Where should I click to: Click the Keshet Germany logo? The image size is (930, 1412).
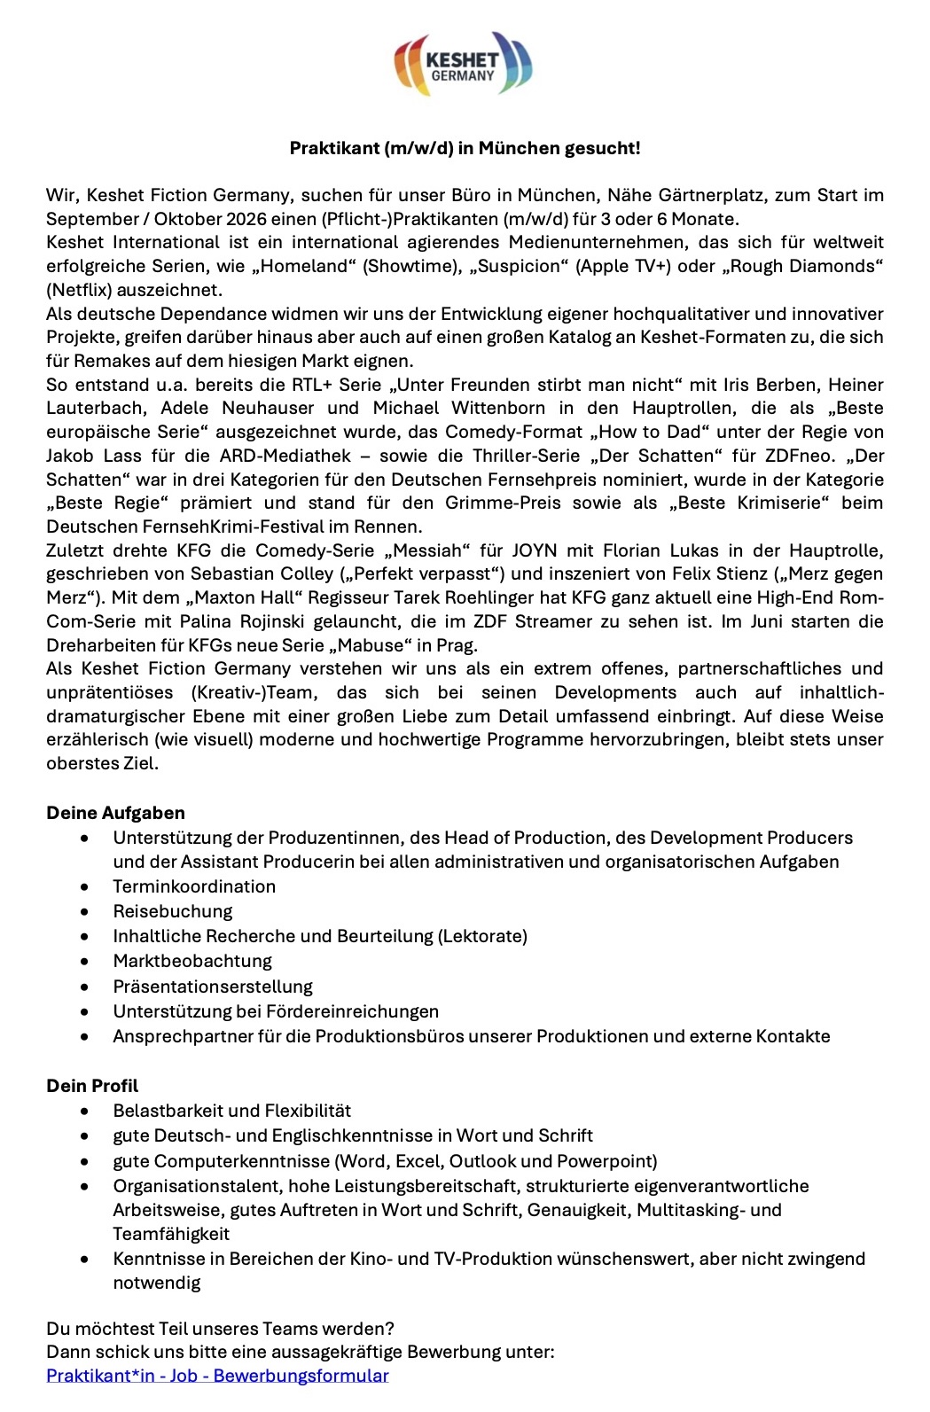click(x=463, y=64)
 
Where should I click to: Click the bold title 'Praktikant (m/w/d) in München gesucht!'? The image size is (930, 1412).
click(x=465, y=149)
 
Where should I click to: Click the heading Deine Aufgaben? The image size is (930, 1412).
click(x=115, y=813)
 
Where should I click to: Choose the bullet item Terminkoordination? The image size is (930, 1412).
click(x=194, y=886)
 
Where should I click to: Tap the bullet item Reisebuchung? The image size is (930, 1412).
click(x=172, y=911)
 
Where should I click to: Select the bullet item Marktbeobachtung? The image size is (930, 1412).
click(x=192, y=961)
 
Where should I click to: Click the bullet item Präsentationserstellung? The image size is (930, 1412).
click(x=213, y=987)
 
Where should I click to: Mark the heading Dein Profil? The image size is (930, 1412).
click(x=92, y=1086)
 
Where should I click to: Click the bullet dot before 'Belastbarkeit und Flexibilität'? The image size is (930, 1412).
click(x=84, y=1111)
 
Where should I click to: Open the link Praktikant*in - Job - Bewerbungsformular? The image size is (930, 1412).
click(x=217, y=1376)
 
